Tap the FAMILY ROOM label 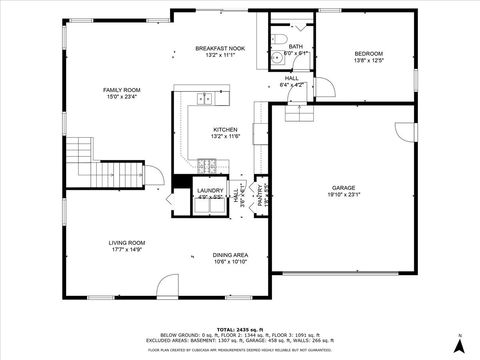(x=122, y=90)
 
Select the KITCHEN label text (x=225, y=130)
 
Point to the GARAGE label (x=343, y=187)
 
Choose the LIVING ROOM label (x=127, y=242)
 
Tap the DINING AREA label (x=230, y=255)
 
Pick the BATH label (x=295, y=46)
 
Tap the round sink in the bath (x=276, y=59)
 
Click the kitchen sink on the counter (x=205, y=98)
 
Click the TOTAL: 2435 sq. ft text (x=240, y=327)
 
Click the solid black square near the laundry (x=181, y=182)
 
